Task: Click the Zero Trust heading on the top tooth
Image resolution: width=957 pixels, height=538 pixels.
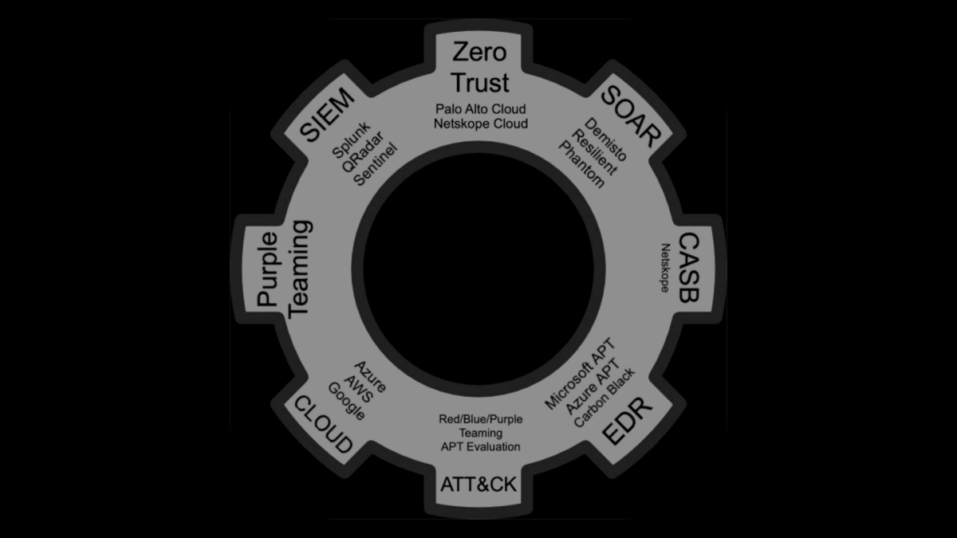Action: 479,67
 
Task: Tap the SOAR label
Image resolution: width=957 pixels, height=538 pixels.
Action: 629,114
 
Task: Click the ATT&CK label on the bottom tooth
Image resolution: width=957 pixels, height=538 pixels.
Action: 478,482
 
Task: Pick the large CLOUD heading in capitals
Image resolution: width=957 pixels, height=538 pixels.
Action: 324,422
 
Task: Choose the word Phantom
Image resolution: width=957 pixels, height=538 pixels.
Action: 581,165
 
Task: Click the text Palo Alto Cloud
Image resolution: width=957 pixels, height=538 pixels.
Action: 481,108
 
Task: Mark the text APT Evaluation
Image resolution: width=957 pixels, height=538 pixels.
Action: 481,446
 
